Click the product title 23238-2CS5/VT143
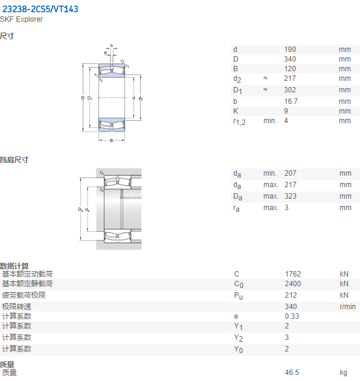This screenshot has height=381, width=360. click(x=40, y=9)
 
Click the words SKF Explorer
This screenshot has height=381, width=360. click(x=21, y=19)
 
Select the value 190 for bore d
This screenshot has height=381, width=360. click(x=290, y=50)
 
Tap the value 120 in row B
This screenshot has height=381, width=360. click(x=290, y=69)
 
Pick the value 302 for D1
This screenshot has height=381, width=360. click(x=290, y=90)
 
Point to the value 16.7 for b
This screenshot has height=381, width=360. click(x=291, y=101)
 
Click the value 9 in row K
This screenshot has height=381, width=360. click(x=286, y=111)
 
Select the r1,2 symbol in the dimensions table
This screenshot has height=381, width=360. click(x=239, y=121)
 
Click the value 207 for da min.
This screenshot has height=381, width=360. click(x=291, y=173)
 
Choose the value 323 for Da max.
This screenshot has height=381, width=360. click(x=291, y=196)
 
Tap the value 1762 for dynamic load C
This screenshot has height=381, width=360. click(x=293, y=274)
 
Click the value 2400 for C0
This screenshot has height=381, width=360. click(x=293, y=284)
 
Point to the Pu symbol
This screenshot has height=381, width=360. click(x=239, y=296)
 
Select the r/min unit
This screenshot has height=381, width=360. click(x=348, y=307)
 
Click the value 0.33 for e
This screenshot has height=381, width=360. click(x=292, y=316)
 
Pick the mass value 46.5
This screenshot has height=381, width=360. click(x=292, y=373)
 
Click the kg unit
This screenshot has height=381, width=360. click(x=344, y=373)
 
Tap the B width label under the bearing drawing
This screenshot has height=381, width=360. click(x=112, y=141)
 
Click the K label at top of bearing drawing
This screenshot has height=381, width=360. click(x=106, y=53)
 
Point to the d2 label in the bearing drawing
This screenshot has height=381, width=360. click(x=141, y=98)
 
